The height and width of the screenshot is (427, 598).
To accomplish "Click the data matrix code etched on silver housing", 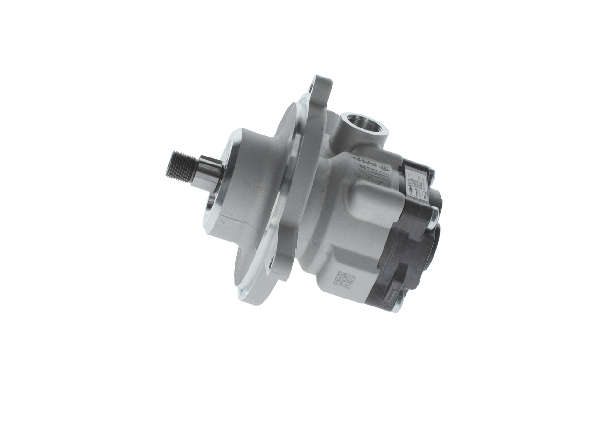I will (344, 279).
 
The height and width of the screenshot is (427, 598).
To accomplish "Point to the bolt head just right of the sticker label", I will (431, 177).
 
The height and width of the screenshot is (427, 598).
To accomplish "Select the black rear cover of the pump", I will (406, 248).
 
